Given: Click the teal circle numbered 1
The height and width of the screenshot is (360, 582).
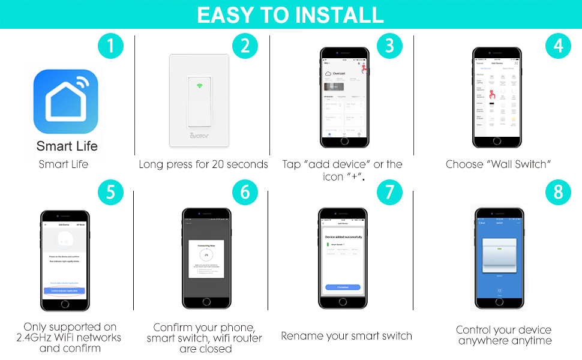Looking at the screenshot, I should point(110,46).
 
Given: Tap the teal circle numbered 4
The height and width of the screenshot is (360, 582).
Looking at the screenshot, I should point(558,46).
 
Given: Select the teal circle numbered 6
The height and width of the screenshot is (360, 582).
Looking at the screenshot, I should point(245,193).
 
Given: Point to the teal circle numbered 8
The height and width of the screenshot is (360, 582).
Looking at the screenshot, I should point(558,193).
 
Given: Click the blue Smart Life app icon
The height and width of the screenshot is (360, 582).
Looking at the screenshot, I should point(67,101).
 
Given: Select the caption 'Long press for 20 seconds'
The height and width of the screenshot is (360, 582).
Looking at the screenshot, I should point(203,164).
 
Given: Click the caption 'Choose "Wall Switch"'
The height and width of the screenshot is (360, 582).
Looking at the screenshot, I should point(498,164).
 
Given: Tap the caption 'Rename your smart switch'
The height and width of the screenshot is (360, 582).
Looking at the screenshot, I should point(346,336).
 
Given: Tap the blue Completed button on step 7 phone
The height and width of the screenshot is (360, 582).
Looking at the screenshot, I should point(343,287).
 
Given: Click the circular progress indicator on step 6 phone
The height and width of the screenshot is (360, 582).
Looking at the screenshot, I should point(206,255).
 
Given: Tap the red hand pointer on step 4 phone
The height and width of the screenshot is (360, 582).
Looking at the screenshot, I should point(491,94).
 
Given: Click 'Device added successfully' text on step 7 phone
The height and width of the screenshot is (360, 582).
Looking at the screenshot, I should point(343,237).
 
